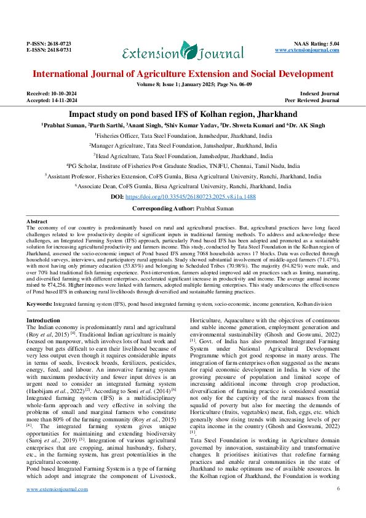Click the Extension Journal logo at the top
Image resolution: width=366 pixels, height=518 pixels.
[183, 52]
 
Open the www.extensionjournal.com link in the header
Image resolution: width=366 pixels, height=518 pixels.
[307, 50]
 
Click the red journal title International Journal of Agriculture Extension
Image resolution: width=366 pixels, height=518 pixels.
[183, 74]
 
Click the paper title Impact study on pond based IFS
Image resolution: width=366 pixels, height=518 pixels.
[183, 114]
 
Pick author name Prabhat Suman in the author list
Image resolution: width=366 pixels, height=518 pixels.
[63, 125]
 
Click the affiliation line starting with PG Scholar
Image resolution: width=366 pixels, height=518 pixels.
[183, 166]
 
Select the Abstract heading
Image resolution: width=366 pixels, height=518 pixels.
[37, 221]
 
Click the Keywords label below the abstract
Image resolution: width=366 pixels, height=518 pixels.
[39, 304]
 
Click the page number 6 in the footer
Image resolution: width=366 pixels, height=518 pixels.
[338, 506]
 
